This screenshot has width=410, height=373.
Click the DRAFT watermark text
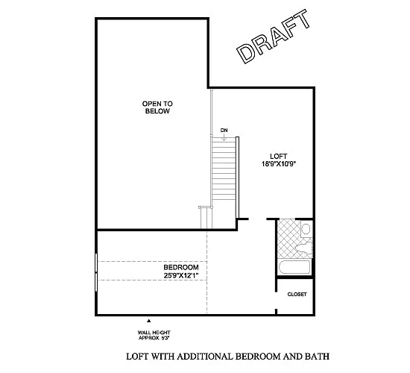(x=273, y=37)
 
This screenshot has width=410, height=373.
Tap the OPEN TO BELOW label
(x=157, y=107)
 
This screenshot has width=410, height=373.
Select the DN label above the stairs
(x=224, y=131)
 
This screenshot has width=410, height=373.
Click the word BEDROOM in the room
(x=181, y=267)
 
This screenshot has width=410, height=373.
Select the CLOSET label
(x=297, y=295)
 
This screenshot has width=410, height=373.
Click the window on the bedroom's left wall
(x=96, y=271)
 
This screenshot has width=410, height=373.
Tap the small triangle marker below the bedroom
(x=148, y=319)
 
